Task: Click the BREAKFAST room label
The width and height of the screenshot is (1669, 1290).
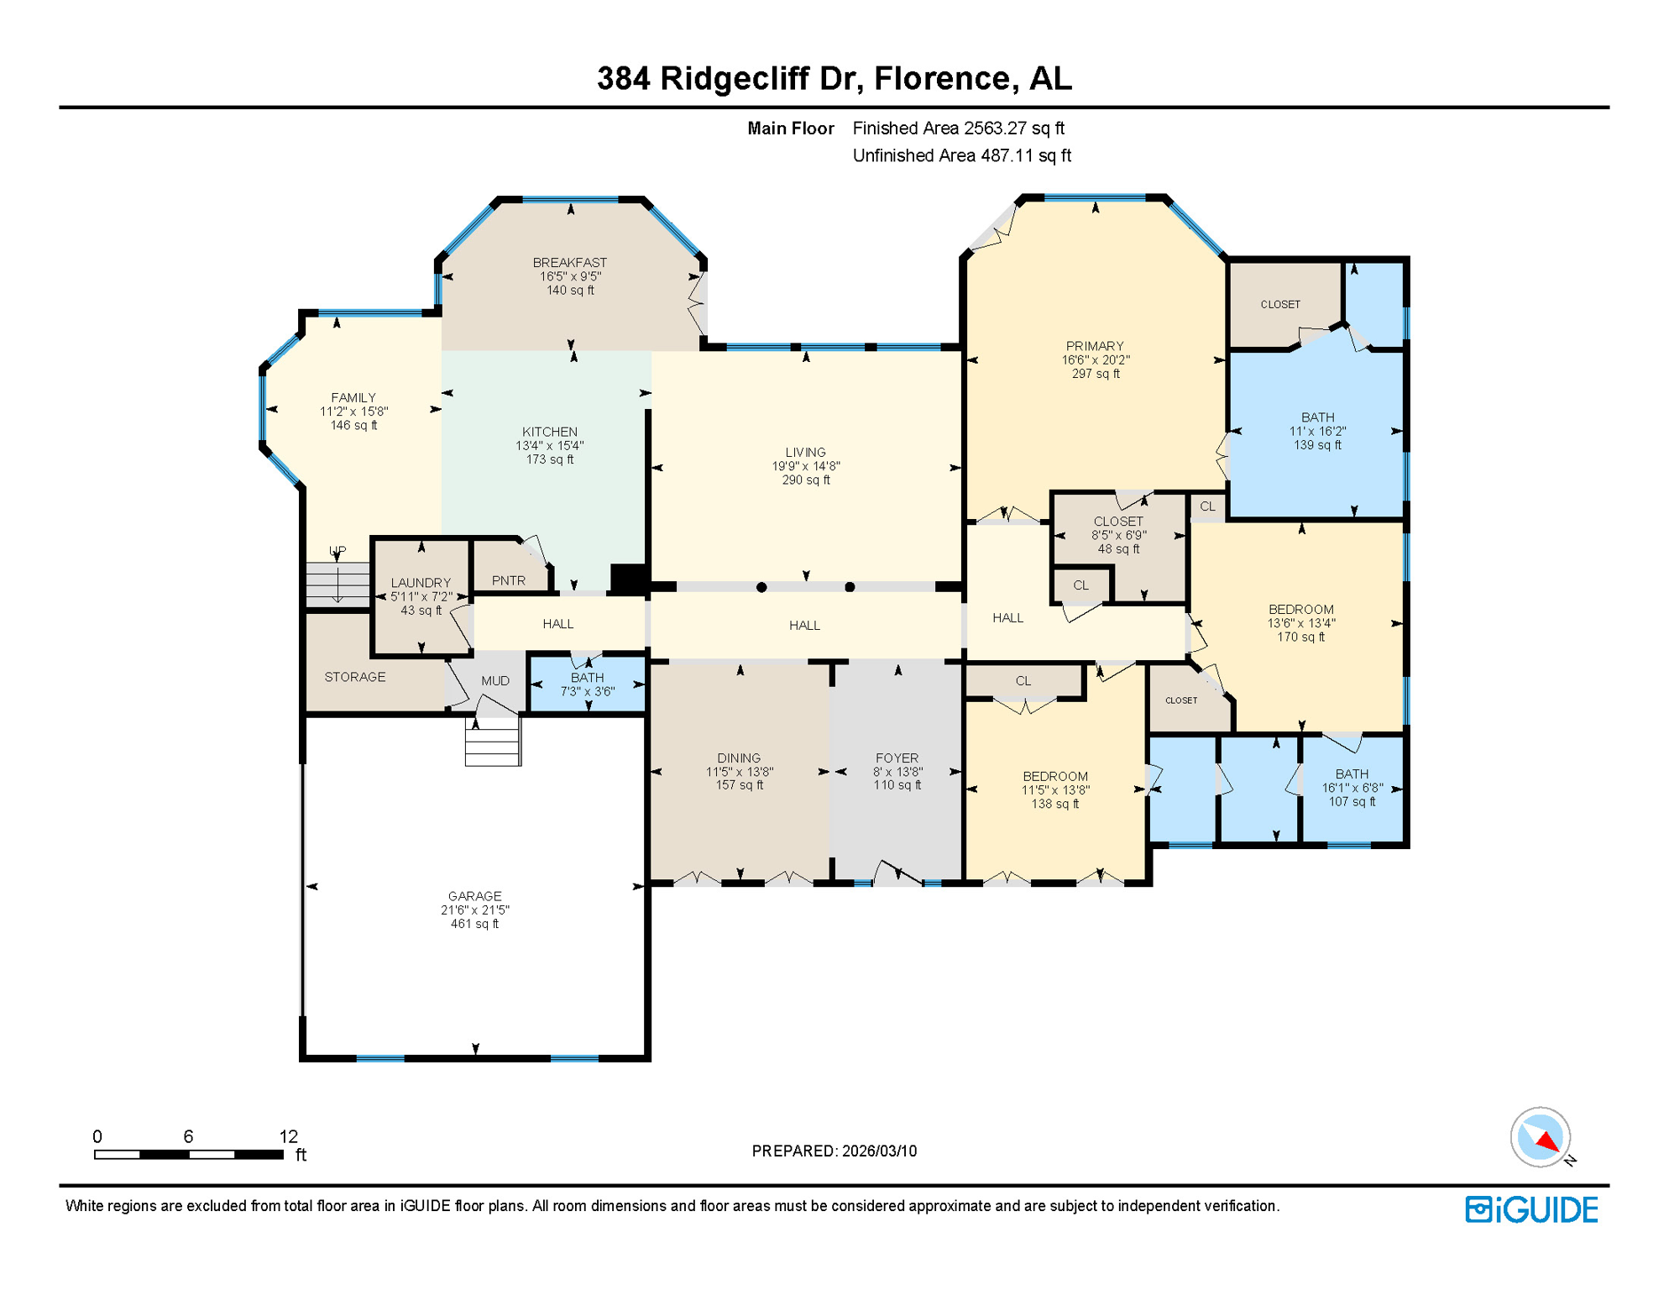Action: tap(569, 263)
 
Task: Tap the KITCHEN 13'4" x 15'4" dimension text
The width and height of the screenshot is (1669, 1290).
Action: tap(549, 446)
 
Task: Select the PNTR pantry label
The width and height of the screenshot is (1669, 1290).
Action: tap(508, 580)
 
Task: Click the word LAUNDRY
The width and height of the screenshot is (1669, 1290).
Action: tap(421, 582)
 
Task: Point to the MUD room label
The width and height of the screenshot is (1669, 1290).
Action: tap(494, 680)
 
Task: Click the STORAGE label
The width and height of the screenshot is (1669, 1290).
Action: tap(354, 677)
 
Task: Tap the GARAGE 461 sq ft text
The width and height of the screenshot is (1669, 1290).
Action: tap(474, 924)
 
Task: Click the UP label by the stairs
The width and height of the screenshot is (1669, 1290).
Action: tap(337, 551)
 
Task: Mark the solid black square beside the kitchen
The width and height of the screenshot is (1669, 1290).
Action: tap(626, 579)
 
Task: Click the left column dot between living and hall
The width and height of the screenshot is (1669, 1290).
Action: tap(761, 587)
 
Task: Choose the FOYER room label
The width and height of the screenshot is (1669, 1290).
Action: tap(897, 758)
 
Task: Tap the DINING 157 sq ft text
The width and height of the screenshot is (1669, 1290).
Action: tap(739, 785)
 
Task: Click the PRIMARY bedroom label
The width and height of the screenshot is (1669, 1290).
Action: tap(1094, 346)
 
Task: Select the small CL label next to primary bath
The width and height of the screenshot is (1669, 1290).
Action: tap(1207, 506)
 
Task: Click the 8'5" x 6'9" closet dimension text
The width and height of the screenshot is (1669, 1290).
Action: tap(1118, 535)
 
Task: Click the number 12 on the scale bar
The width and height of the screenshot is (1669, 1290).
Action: tap(288, 1136)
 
